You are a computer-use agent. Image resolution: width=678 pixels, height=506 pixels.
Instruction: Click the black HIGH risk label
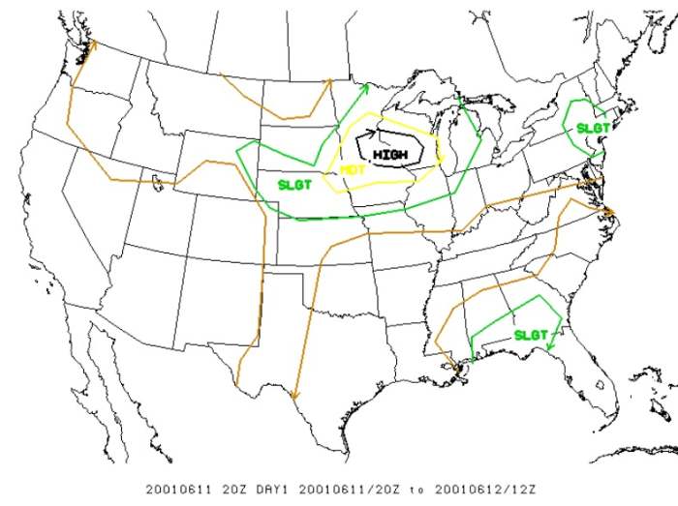click(x=390, y=154)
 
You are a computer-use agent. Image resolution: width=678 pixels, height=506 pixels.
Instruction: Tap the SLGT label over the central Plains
click(x=294, y=184)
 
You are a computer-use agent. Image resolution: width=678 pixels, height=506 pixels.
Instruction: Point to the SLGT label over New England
click(x=593, y=128)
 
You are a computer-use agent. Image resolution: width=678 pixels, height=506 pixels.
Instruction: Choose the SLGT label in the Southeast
click(x=531, y=335)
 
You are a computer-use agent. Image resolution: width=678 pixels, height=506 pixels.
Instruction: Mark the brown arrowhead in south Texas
click(x=294, y=396)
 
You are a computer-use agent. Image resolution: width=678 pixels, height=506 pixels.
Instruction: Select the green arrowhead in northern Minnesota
click(x=365, y=87)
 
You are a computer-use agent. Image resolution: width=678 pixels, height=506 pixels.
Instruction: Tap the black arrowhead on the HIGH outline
click(x=371, y=134)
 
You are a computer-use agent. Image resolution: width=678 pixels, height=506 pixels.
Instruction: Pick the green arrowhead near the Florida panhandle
click(x=548, y=345)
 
